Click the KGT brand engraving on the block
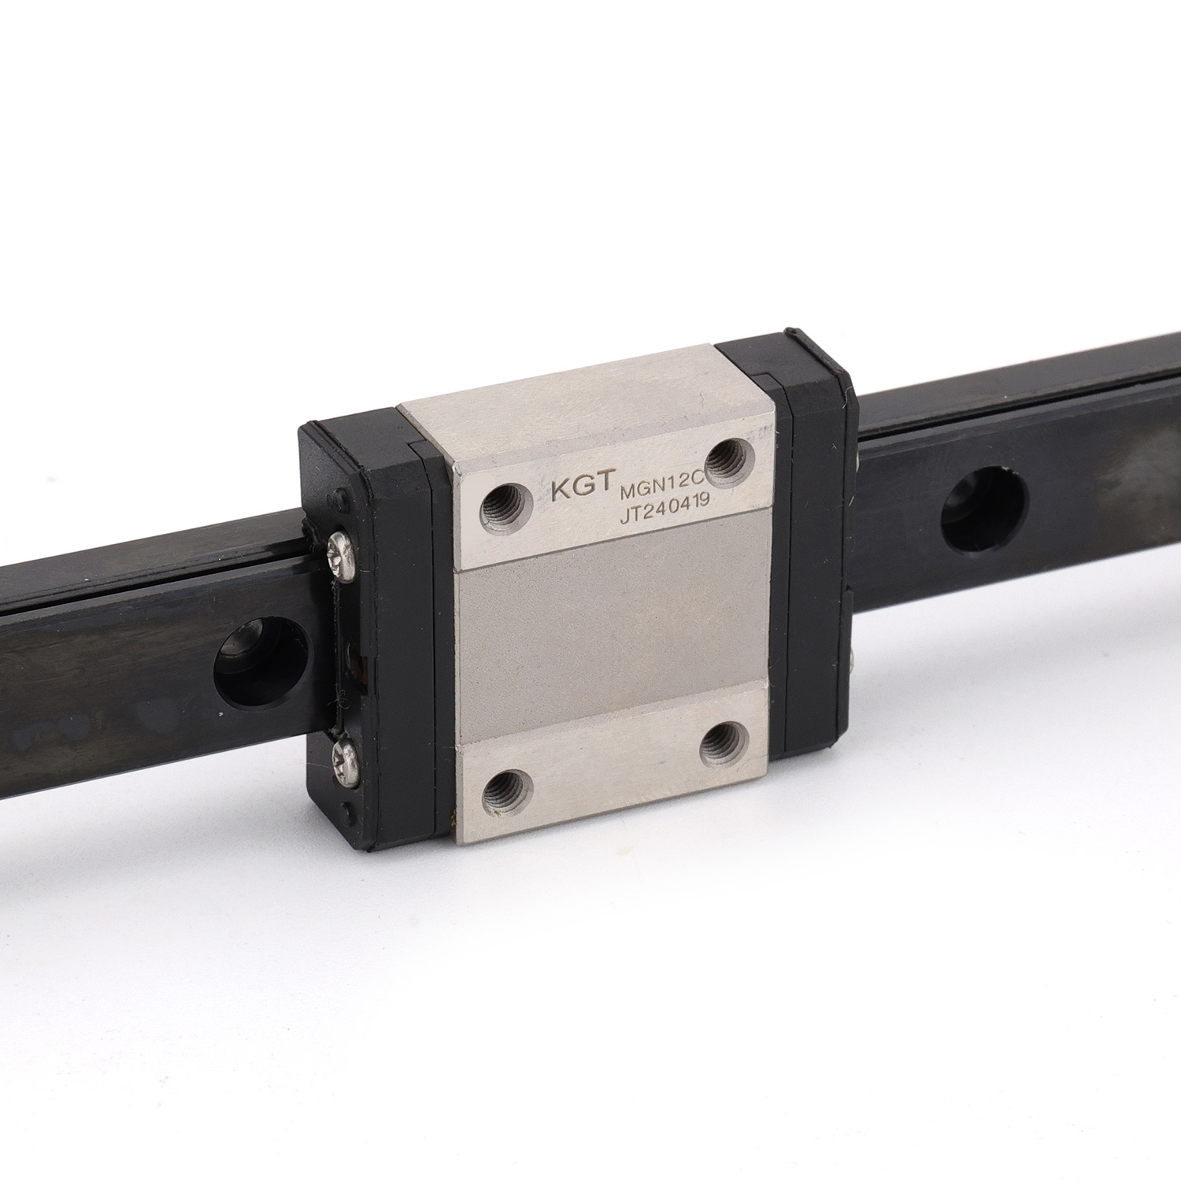(x=581, y=488)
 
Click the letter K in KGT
(x=560, y=489)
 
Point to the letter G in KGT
(x=582, y=488)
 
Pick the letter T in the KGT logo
(x=604, y=487)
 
